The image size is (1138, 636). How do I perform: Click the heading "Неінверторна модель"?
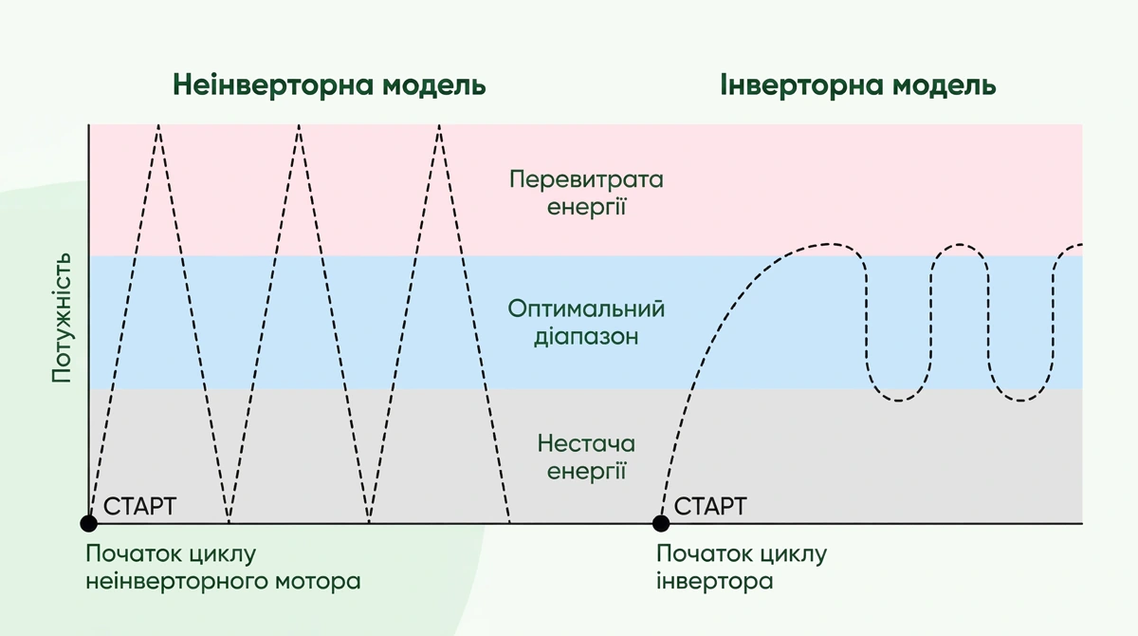tap(329, 85)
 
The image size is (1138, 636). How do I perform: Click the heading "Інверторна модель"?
tap(857, 85)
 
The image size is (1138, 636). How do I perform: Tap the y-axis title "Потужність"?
tap(62, 317)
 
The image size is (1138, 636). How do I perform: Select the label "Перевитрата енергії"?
tap(586, 193)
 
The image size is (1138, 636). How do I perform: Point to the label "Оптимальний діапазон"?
tap(586, 323)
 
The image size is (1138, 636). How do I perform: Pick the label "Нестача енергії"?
tap(586, 458)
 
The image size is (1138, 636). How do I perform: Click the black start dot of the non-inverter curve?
tap(88, 523)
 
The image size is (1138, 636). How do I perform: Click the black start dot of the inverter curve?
tap(661, 523)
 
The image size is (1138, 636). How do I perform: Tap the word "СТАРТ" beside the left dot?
tap(139, 505)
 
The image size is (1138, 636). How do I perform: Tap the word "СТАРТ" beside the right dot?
tap(710, 505)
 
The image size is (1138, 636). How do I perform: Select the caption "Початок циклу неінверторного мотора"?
tap(223, 567)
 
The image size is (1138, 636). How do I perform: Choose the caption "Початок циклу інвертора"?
tap(742, 567)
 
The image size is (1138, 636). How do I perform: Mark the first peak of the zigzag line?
tap(158, 126)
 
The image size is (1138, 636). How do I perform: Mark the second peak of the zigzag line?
tap(299, 126)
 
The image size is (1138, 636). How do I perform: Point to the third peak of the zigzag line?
tap(439, 126)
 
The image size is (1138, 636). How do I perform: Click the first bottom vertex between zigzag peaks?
tap(229, 521)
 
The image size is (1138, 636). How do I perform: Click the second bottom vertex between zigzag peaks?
tap(369, 521)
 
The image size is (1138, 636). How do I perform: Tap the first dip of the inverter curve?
tap(897, 400)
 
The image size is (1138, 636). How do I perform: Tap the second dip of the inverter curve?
tap(1019, 400)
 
